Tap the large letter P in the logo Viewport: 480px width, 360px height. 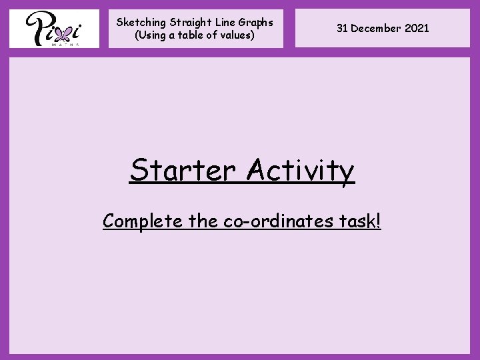[x=37, y=28]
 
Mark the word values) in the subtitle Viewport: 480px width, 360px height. [x=237, y=35]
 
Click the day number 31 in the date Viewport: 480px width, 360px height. [x=342, y=28]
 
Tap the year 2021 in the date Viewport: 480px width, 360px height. [x=417, y=28]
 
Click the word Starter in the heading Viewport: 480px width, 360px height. [x=183, y=170]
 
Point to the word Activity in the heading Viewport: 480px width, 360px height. [x=300, y=171]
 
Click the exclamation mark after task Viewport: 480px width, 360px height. [x=379, y=221]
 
